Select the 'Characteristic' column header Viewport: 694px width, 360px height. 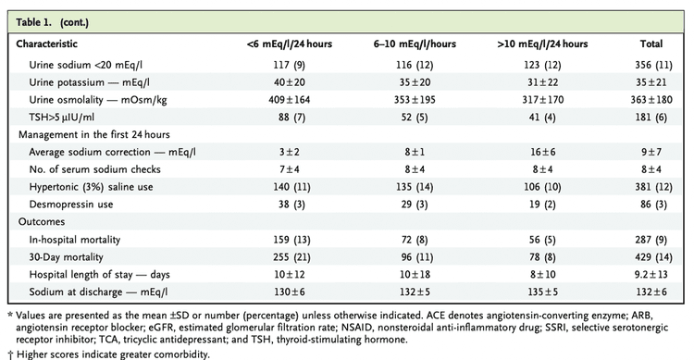pyautogui.click(x=51, y=43)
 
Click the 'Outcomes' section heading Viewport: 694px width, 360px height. pyautogui.click(x=40, y=222)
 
